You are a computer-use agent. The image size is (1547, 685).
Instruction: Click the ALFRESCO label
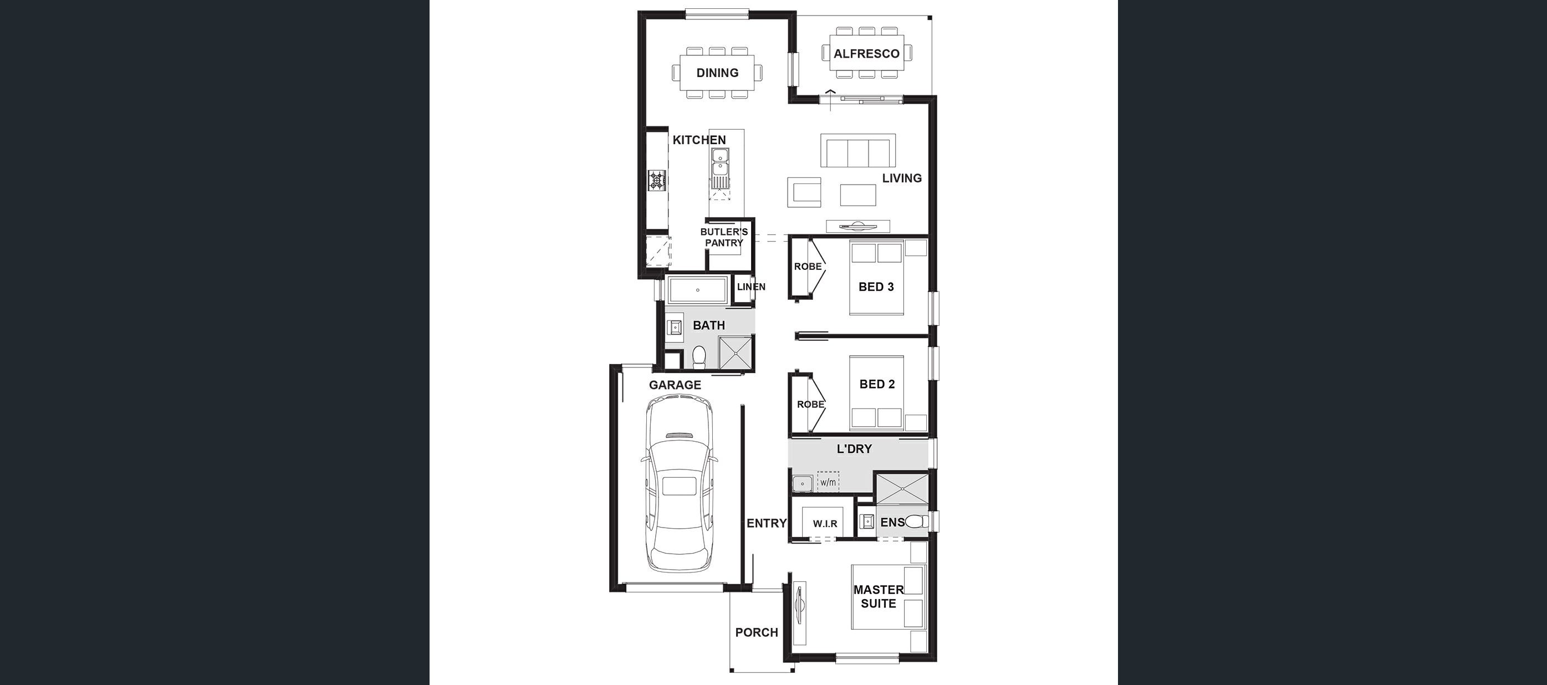coord(866,53)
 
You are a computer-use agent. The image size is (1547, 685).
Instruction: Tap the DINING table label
coord(717,73)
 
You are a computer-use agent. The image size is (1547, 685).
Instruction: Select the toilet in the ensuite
coord(915,521)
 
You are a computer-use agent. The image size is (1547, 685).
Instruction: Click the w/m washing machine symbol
coord(828,482)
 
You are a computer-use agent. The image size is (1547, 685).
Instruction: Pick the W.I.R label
coord(825,524)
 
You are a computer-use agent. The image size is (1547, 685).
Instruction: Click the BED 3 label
coord(876,287)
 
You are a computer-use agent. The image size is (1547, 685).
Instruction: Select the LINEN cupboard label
coord(750,287)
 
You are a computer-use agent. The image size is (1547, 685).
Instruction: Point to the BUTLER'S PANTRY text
coord(724,237)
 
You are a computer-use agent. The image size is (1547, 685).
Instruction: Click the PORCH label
coord(756,632)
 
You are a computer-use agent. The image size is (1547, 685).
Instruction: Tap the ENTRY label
coord(766,523)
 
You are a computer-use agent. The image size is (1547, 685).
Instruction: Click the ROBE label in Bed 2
coord(810,404)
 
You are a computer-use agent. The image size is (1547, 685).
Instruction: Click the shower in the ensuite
coord(902,488)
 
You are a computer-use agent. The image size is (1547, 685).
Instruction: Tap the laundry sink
coord(801,483)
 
